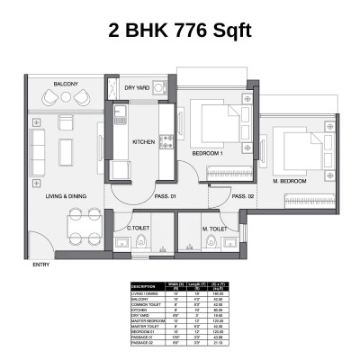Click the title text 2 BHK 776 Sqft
(x=179, y=31)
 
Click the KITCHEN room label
(x=145, y=142)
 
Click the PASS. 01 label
(x=165, y=196)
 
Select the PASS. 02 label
(x=243, y=196)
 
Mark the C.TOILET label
(x=138, y=229)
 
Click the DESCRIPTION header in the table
(x=143, y=288)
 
